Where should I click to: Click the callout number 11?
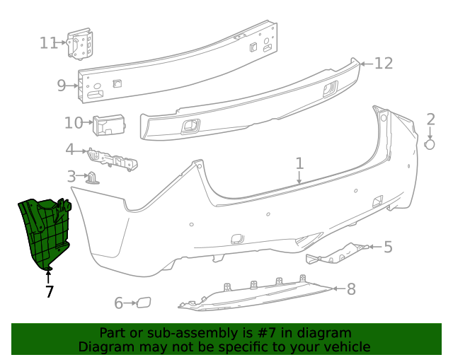(48, 43)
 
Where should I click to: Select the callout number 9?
(62, 86)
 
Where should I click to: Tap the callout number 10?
(74, 123)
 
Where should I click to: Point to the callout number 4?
(70, 150)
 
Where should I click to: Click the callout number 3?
(71, 176)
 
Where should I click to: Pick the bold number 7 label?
(49, 291)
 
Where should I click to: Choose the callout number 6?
(119, 303)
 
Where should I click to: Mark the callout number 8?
(351, 288)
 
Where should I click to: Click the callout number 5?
(388, 247)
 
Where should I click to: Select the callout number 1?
(299, 163)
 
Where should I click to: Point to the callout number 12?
(383, 64)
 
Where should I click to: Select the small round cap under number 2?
(430, 144)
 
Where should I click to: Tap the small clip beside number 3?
(93, 177)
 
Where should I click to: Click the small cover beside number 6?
(144, 303)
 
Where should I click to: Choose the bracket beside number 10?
(109, 125)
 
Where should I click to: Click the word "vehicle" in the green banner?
(345, 346)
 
